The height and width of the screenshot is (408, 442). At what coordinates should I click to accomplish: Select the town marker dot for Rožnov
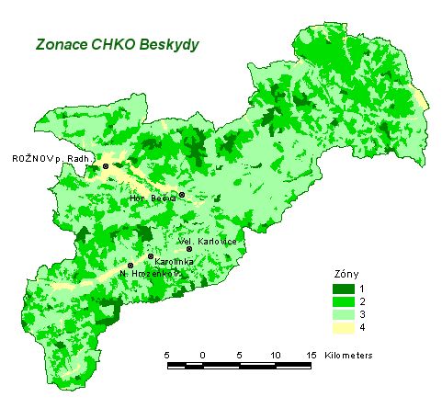click(x=106, y=165)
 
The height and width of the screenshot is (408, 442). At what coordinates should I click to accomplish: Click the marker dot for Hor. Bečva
click(x=182, y=195)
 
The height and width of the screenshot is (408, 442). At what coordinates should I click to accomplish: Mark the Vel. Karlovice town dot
click(x=189, y=249)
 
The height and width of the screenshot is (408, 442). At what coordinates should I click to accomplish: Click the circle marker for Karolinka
click(x=151, y=256)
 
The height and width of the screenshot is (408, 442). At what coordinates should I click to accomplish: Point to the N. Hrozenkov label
click(x=149, y=273)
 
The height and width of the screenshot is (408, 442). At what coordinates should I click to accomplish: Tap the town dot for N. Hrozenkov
click(x=130, y=266)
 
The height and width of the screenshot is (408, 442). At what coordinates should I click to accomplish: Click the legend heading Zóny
click(x=345, y=274)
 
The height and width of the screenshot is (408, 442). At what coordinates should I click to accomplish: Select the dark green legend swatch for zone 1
click(x=343, y=289)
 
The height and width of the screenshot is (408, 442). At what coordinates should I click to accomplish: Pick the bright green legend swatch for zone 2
click(x=343, y=300)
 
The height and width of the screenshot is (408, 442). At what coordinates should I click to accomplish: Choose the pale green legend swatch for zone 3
click(x=343, y=312)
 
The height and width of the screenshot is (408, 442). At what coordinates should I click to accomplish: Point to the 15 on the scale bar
click(x=311, y=354)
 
